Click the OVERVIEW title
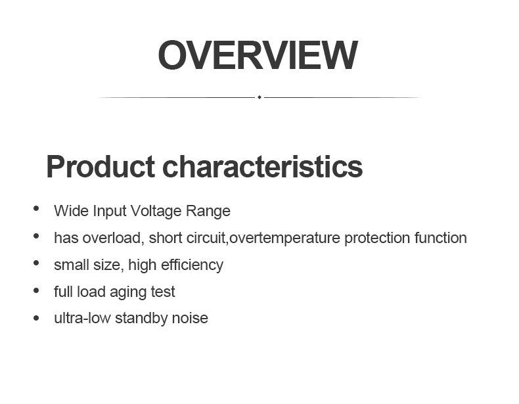click(x=258, y=55)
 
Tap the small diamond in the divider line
click(x=259, y=97)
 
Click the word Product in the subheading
click(x=101, y=166)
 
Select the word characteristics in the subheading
click(x=263, y=166)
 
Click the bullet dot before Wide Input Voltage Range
click(x=36, y=208)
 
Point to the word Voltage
click(x=156, y=211)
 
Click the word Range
click(x=208, y=211)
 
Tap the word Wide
click(x=72, y=211)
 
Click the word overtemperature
click(x=284, y=238)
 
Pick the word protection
click(x=377, y=238)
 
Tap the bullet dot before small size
click(x=36, y=263)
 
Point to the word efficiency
click(x=192, y=265)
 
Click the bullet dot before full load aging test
click(x=36, y=291)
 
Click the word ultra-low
click(x=82, y=319)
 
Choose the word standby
click(x=141, y=319)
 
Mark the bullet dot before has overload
click(x=36, y=236)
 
